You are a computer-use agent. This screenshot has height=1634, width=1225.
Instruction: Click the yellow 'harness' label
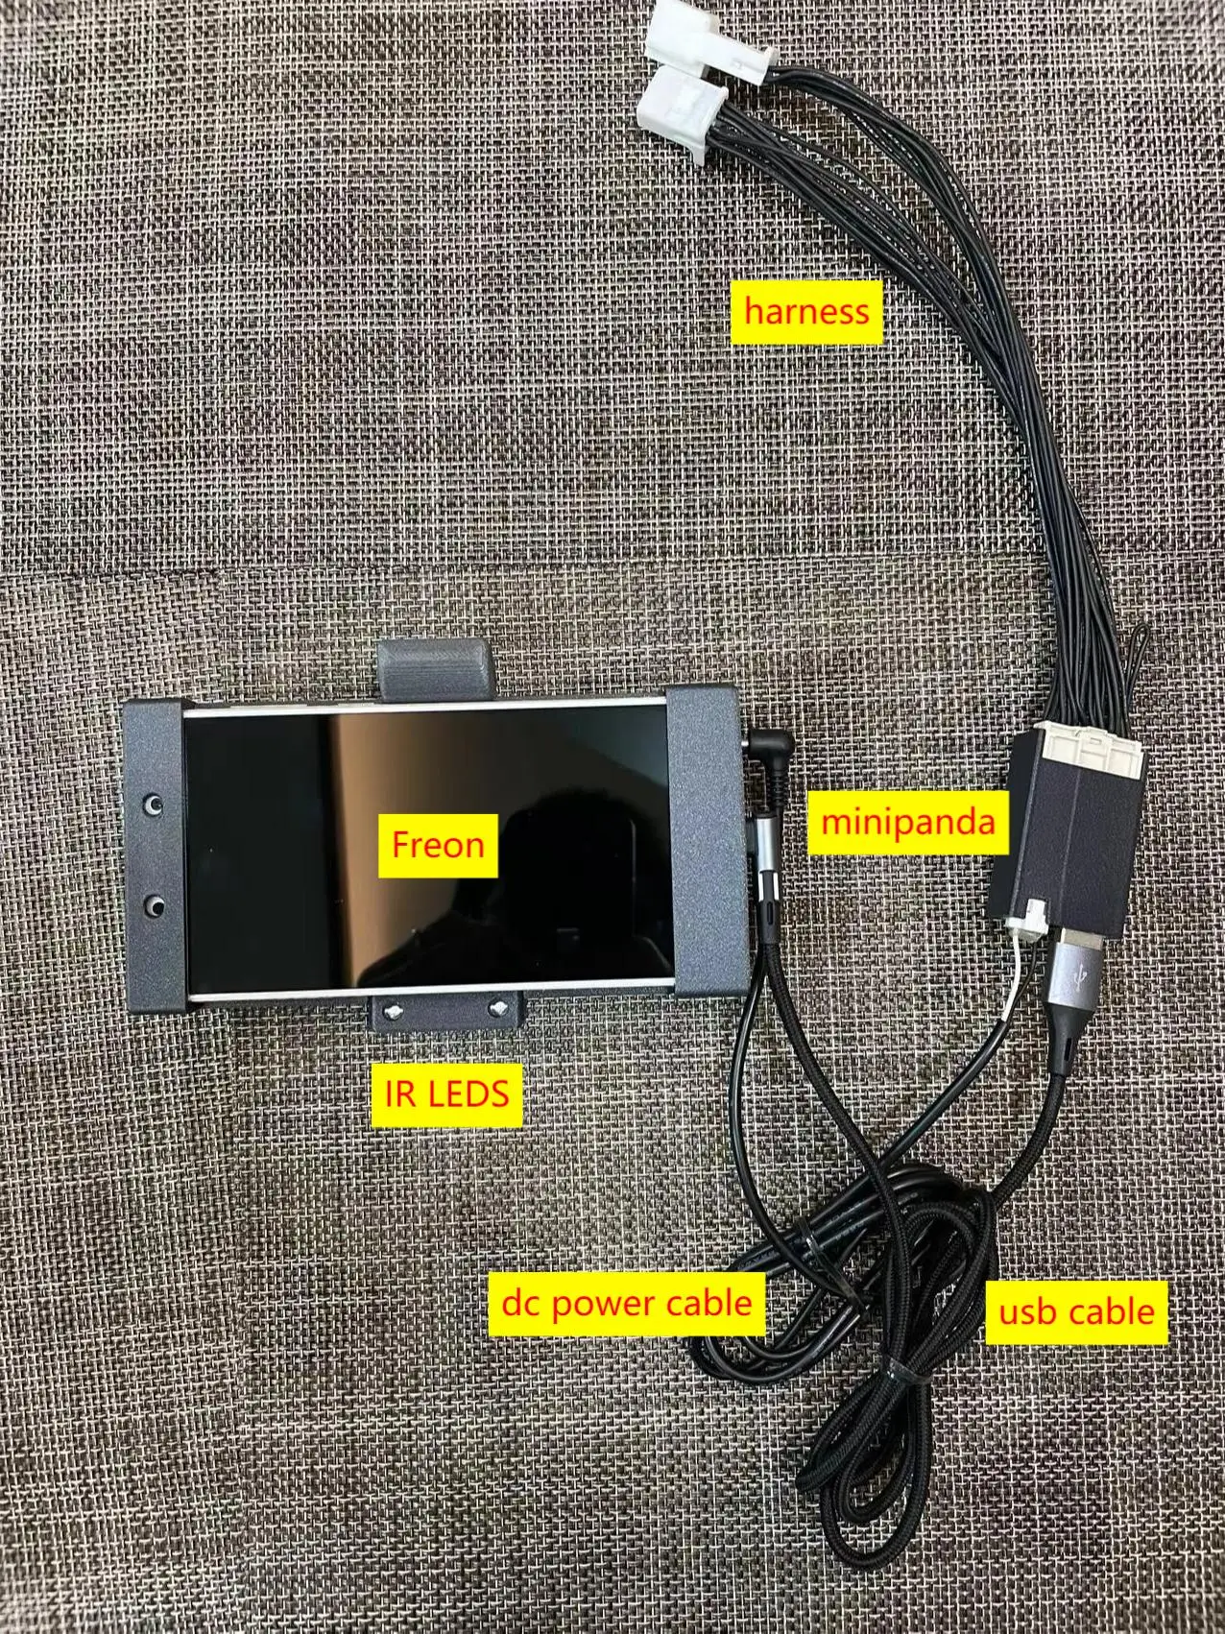click(x=806, y=311)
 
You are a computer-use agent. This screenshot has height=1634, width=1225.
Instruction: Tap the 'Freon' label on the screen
click(x=438, y=846)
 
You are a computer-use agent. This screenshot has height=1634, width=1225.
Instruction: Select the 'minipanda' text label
click(x=907, y=822)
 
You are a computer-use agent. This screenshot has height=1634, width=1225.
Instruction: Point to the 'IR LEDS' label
click(x=445, y=1092)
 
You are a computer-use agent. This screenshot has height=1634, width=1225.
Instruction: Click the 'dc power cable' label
click(x=627, y=1303)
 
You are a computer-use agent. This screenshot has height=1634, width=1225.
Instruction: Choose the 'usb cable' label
click(x=1076, y=1310)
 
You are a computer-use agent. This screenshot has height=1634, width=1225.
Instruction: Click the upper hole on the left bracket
click(x=152, y=803)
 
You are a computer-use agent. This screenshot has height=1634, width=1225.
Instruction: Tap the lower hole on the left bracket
click(x=152, y=905)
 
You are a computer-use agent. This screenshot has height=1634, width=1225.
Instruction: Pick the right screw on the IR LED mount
click(x=499, y=1006)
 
